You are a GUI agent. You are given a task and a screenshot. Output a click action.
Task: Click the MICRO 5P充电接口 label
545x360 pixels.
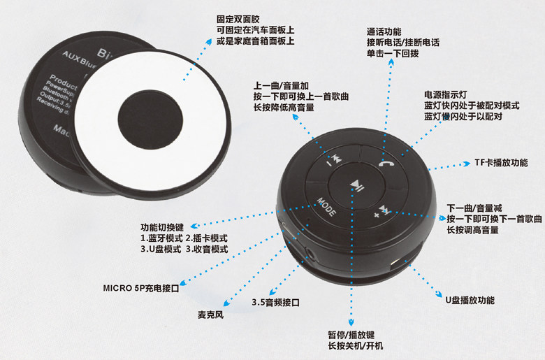[x=140, y=287]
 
